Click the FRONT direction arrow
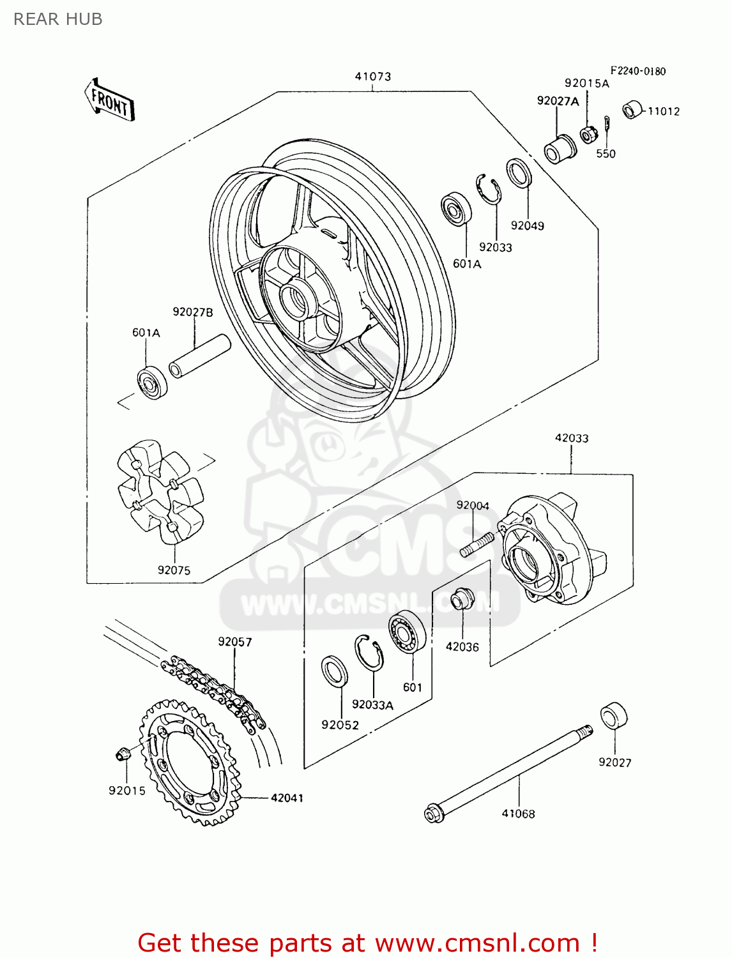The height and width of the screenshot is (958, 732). pyautogui.click(x=110, y=101)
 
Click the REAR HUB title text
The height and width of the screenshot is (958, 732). pyautogui.click(x=57, y=19)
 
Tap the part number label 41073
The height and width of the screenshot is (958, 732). pyautogui.click(x=373, y=77)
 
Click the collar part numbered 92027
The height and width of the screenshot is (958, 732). pyautogui.click(x=614, y=716)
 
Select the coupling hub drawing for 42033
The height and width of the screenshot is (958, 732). pyautogui.click(x=549, y=549)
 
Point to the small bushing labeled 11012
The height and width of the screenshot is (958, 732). pyautogui.click(x=632, y=110)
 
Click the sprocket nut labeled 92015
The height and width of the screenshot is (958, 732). pyautogui.click(x=123, y=754)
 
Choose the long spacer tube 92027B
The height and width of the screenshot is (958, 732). pyautogui.click(x=199, y=356)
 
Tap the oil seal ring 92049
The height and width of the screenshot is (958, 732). pyautogui.click(x=519, y=173)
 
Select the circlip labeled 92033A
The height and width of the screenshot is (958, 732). pyautogui.click(x=369, y=653)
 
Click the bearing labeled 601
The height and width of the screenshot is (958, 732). pyautogui.click(x=408, y=632)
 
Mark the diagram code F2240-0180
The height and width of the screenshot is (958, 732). pyautogui.click(x=637, y=71)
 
